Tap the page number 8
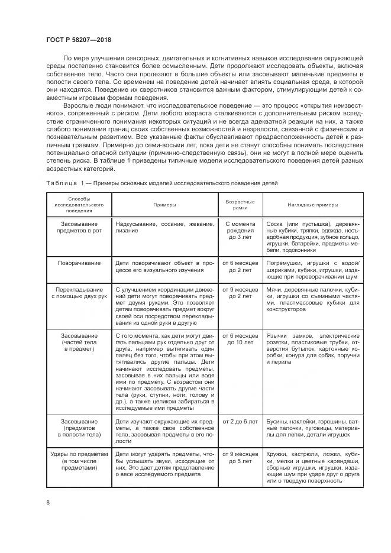click(x=48, y=503)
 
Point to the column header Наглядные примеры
click(x=314, y=205)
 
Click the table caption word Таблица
click(x=62, y=183)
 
